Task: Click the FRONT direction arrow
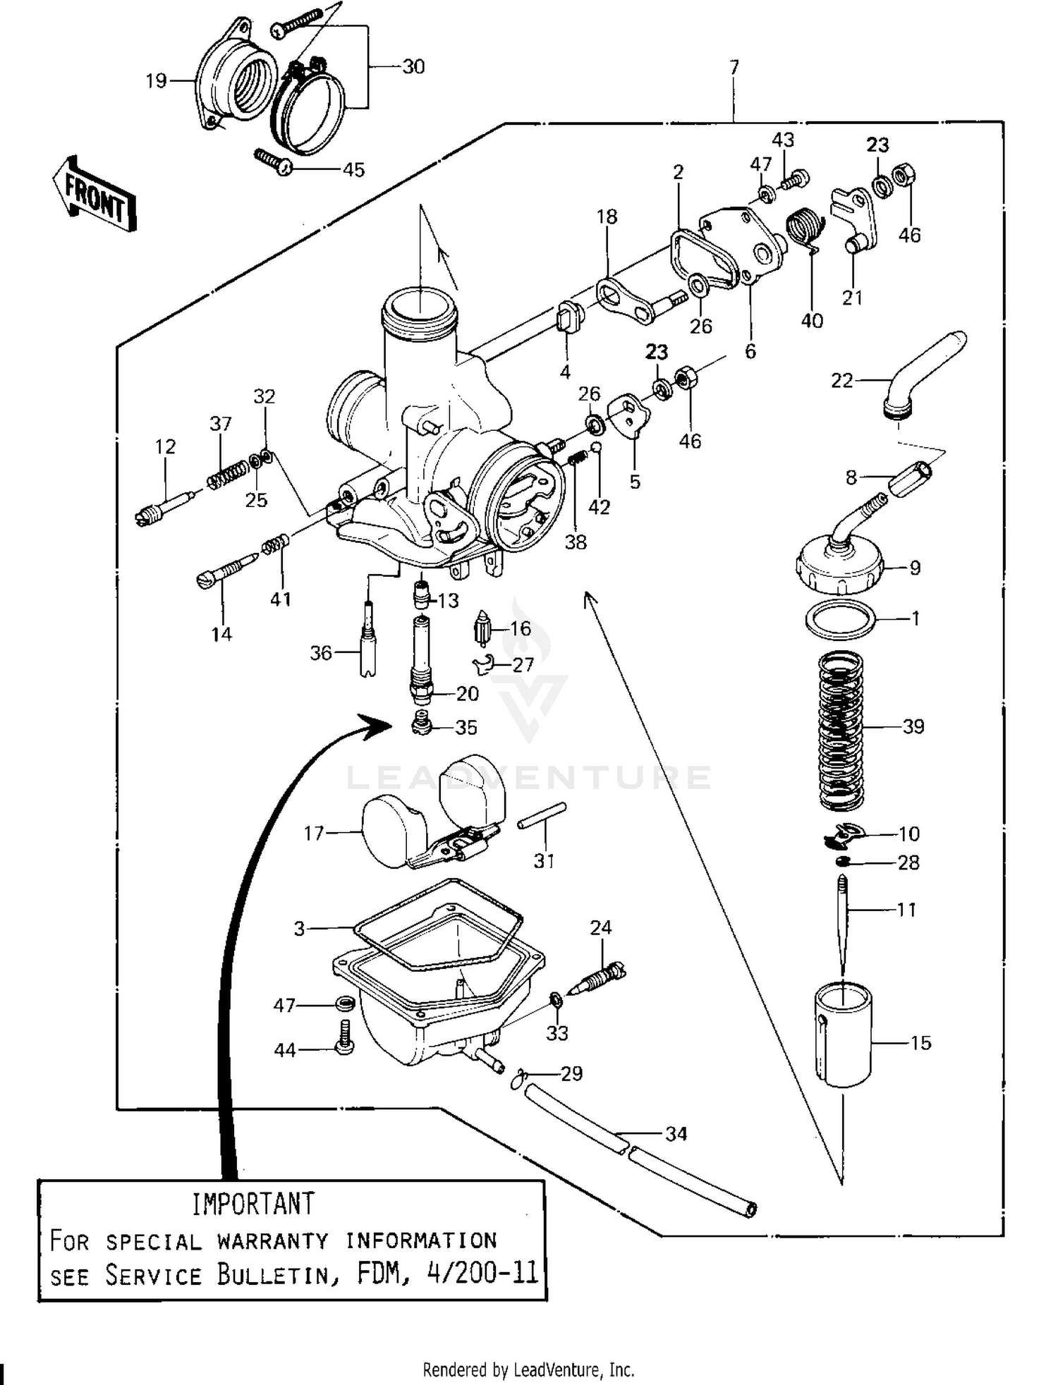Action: tap(94, 195)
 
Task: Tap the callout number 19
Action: tap(156, 81)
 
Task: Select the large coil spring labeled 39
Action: tap(841, 730)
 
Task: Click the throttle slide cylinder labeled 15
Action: tap(844, 1034)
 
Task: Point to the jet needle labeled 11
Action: tap(843, 920)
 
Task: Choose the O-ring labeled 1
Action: tap(841, 618)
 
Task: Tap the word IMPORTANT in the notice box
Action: tap(253, 1204)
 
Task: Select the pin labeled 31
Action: tap(542, 815)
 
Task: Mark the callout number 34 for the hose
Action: tap(676, 1134)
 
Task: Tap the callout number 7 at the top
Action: tap(734, 67)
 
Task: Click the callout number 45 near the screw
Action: tap(353, 170)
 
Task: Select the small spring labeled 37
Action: tap(227, 473)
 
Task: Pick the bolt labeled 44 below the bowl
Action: tap(345, 1039)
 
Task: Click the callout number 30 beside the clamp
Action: tap(413, 67)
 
